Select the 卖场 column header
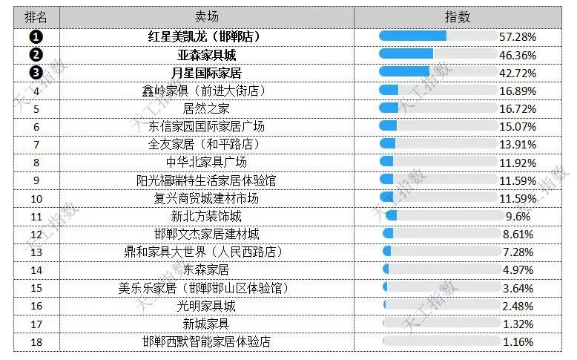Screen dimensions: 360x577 206,16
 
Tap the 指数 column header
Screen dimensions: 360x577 458,16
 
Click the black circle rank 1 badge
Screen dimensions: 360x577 36,36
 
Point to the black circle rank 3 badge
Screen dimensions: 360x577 36,73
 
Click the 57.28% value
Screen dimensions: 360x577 517,36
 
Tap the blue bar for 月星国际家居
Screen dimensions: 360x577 404,72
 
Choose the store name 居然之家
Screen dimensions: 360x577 206,108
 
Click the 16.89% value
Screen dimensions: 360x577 517,91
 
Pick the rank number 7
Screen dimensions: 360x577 36,145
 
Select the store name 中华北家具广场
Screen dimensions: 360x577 206,163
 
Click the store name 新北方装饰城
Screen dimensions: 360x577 206,217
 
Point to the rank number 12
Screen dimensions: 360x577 36,235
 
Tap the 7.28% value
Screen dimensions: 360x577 517,252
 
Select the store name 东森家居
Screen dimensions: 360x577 206,270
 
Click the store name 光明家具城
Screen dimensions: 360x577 206,306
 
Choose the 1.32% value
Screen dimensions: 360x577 517,324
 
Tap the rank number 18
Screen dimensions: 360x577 36,342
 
